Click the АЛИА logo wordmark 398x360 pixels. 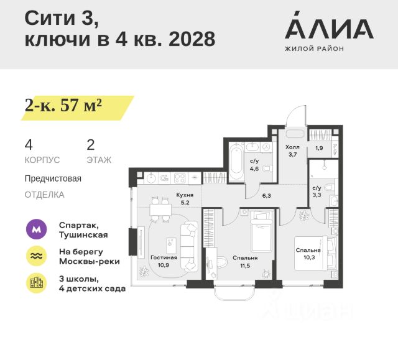(329, 27)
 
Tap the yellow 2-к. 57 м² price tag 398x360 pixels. (63, 106)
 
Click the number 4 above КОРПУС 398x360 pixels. (29, 145)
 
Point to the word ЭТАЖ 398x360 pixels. (99, 160)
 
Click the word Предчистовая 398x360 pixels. (53, 178)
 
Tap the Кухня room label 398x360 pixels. (184, 195)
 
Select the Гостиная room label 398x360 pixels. (164, 257)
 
